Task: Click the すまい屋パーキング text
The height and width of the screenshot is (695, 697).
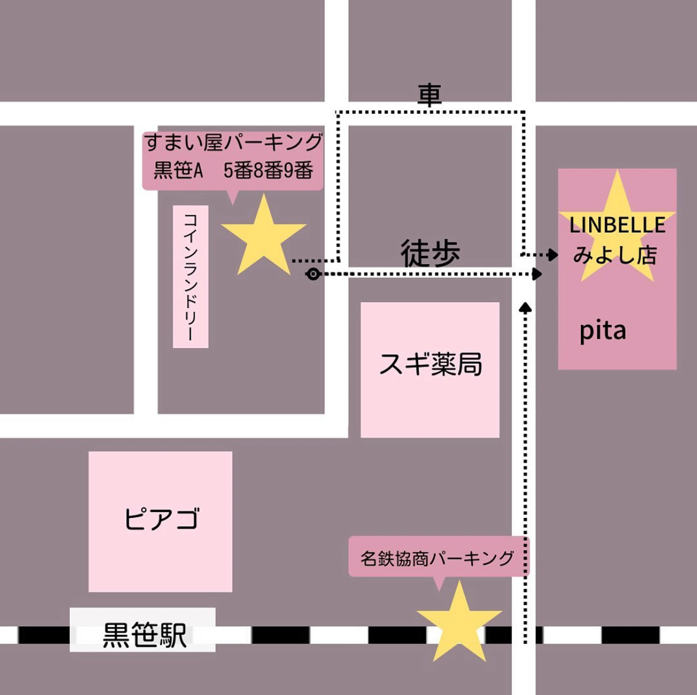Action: (x=233, y=142)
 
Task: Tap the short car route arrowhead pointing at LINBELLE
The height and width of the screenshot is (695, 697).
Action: (x=553, y=255)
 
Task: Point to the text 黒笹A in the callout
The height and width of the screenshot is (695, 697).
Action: (x=178, y=170)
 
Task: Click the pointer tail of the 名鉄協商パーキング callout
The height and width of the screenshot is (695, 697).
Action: (x=439, y=584)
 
